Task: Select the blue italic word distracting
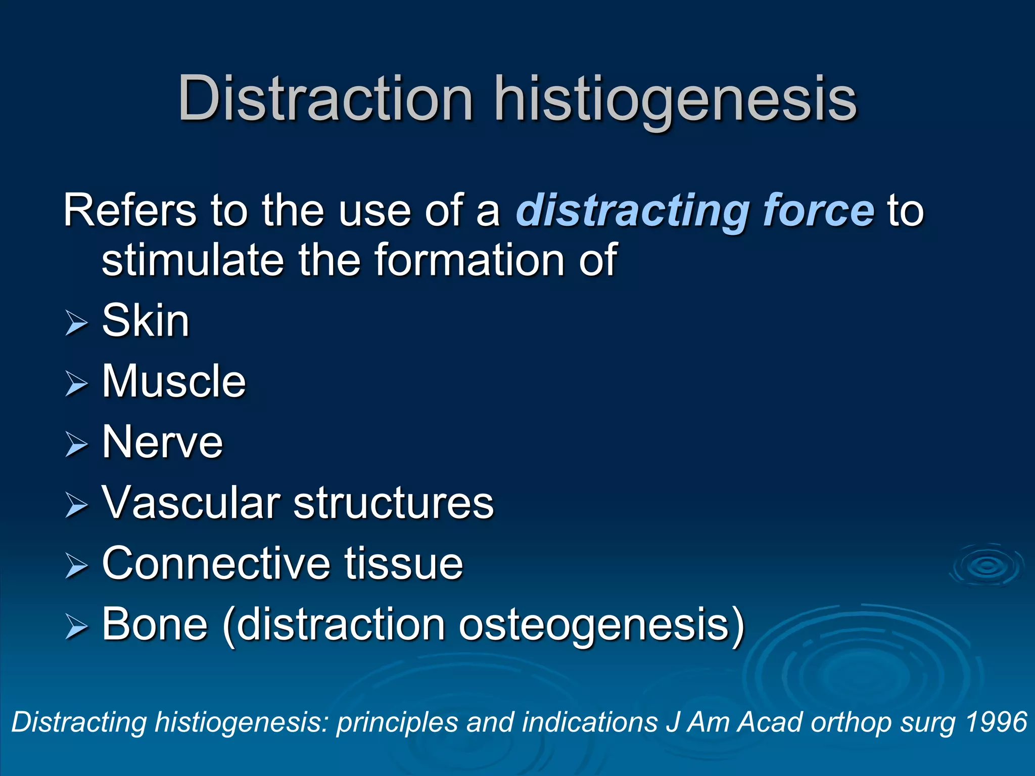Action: click(632, 211)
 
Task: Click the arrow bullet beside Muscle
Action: click(77, 384)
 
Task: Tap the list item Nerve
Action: click(162, 442)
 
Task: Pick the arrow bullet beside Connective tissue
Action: click(77, 566)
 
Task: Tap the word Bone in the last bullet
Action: click(155, 624)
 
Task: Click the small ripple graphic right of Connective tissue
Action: click(986, 566)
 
